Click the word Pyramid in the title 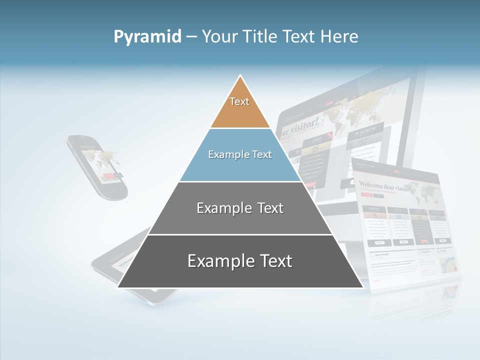click(147, 36)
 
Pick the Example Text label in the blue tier click(240, 155)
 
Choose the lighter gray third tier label click(240, 208)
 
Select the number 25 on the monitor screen click(315, 148)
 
